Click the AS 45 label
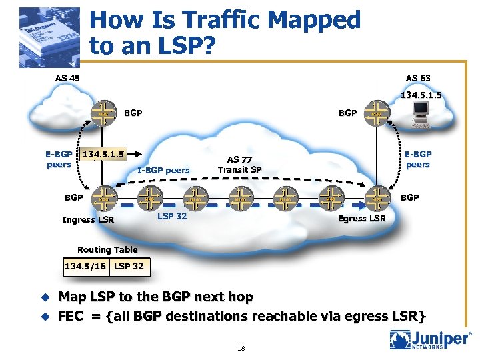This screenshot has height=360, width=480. click(68, 78)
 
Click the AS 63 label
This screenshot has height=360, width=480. click(417, 78)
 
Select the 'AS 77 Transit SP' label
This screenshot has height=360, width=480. click(240, 164)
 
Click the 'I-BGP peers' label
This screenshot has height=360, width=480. click(163, 170)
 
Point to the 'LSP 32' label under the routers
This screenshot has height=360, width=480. click(172, 216)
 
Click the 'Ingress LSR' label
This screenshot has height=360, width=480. click(87, 219)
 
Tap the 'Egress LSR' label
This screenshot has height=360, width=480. click(361, 218)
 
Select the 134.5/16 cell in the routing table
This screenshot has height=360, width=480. click(85, 266)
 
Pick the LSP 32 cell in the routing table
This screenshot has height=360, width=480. click(129, 266)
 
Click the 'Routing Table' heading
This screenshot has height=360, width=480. click(107, 249)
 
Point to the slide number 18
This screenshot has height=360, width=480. click(240, 348)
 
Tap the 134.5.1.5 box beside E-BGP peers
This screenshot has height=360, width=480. click(105, 155)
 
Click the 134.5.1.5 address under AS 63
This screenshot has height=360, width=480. click(421, 95)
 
